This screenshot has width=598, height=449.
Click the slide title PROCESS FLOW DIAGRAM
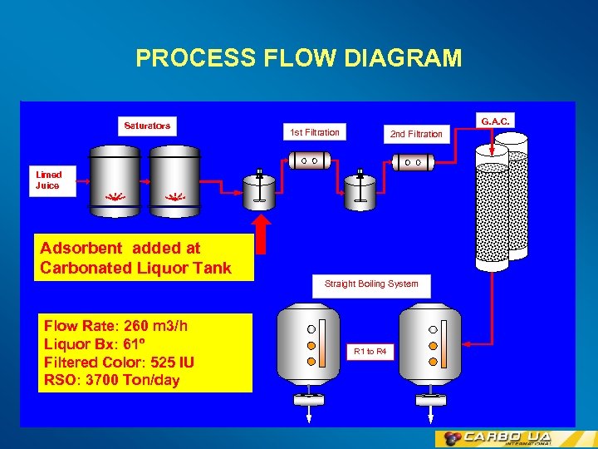tap(299, 58)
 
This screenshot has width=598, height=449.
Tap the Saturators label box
tap(147, 126)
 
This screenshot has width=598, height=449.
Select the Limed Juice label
tap(48, 180)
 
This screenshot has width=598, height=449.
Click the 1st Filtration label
tap(314, 132)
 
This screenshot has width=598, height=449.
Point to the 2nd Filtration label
tap(416, 134)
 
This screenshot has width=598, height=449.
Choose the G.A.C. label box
tap(495, 121)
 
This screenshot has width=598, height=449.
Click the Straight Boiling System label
tap(371, 284)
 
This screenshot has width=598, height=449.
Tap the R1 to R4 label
tap(370, 352)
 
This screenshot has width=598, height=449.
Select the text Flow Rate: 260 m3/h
tap(115, 326)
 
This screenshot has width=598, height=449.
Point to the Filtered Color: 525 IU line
tap(119, 363)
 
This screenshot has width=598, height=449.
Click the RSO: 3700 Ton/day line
tap(111, 381)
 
